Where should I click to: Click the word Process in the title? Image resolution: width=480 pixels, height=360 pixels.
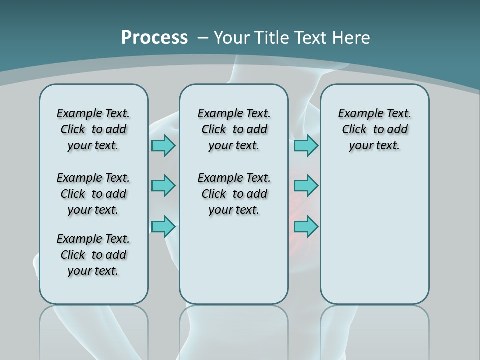click(x=154, y=38)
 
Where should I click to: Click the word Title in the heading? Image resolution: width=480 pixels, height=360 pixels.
click(x=271, y=38)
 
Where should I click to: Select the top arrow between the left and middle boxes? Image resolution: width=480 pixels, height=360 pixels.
click(x=163, y=145)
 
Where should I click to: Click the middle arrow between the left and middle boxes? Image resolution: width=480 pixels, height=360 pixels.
click(x=163, y=186)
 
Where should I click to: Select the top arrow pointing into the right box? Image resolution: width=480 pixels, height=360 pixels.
click(x=306, y=145)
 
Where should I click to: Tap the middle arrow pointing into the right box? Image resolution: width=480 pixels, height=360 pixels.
click(x=306, y=186)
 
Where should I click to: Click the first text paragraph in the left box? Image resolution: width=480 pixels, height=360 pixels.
click(x=93, y=129)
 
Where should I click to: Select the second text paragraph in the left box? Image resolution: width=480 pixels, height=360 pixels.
click(x=93, y=194)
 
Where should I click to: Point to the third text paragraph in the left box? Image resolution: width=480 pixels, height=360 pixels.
click(x=93, y=255)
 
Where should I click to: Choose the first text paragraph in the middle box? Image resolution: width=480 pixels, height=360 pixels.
click(x=234, y=129)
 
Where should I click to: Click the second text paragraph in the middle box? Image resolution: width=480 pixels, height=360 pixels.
click(x=234, y=194)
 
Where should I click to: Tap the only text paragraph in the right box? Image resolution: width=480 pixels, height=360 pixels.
click(x=375, y=129)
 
